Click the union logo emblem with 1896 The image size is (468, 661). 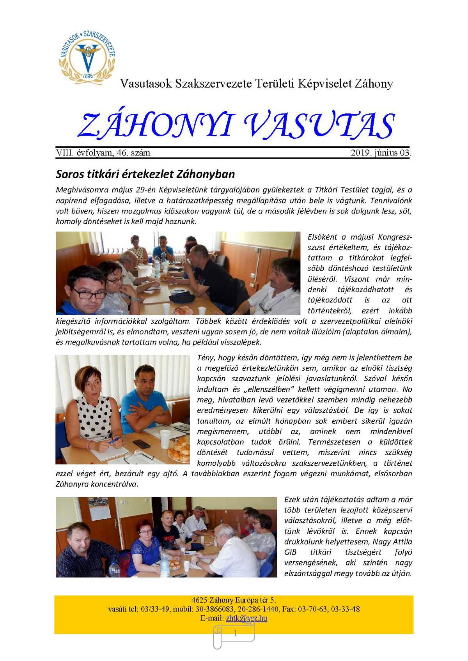coord(87,56)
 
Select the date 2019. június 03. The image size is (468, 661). coord(381,153)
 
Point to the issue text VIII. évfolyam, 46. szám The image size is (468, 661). coord(103,153)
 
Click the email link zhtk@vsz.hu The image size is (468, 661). coord(246,618)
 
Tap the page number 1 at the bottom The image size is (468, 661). coord(235,634)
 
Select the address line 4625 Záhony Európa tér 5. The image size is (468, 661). coord(234,600)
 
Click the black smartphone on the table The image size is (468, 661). coord(141,444)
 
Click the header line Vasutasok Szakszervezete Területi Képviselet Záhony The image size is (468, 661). coord(256,84)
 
